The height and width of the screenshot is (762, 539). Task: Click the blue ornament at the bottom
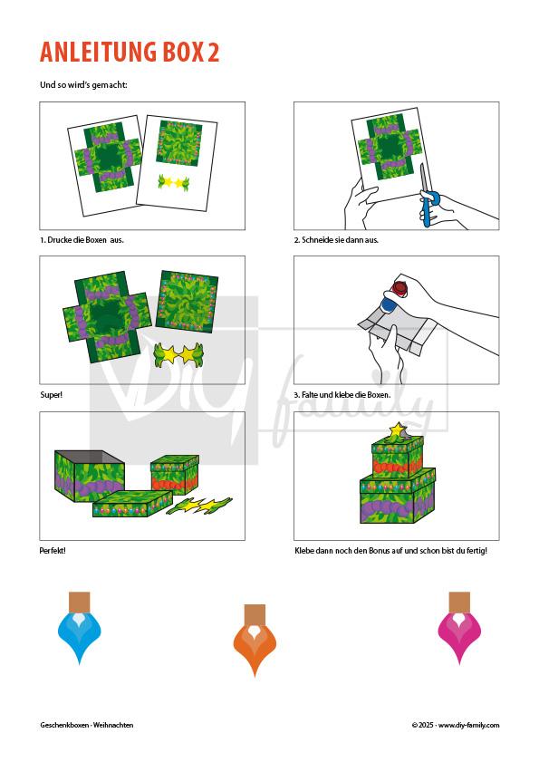79,629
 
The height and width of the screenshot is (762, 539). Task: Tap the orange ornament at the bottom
255,641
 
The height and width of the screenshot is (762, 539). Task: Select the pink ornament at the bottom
459,629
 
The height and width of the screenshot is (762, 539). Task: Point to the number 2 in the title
214,53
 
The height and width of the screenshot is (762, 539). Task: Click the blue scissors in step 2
427,197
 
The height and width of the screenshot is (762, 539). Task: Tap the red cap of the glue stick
400,288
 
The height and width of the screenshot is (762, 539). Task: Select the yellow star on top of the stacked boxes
398,429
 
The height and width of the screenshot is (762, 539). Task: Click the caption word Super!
51,395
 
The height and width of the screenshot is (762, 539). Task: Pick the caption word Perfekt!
53,551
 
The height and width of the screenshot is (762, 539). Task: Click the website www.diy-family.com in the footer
468,725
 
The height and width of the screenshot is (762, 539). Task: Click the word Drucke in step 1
59,240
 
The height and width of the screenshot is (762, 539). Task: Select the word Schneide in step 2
317,240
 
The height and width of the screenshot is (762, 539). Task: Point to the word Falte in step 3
310,395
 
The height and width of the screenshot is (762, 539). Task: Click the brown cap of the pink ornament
459,603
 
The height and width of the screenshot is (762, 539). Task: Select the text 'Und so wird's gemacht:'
83,85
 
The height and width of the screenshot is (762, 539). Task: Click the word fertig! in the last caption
475,551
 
